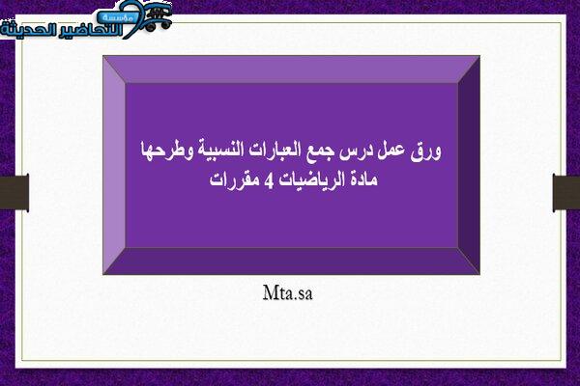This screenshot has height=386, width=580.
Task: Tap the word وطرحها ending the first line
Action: pyautogui.click(x=167, y=151)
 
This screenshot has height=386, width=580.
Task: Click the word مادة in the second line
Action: pyautogui.click(x=362, y=179)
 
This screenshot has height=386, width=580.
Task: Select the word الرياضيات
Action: pyautogui.click(x=311, y=179)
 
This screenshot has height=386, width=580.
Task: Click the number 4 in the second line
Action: pyautogui.click(x=269, y=180)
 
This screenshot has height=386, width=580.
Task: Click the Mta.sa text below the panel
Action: pyautogui.click(x=288, y=292)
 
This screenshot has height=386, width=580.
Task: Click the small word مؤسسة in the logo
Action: pyautogui.click(x=115, y=17)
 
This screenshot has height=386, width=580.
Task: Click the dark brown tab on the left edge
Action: pyautogui.click(x=14, y=192)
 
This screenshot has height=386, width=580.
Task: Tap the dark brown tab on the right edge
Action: pyautogui.click(x=566, y=192)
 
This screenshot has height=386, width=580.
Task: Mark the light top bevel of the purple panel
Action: pyautogui.click(x=292, y=69)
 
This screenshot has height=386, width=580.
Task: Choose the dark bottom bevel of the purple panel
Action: pyautogui.click(x=292, y=261)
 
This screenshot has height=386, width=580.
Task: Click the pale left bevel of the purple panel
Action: pyautogui.click(x=114, y=165)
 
